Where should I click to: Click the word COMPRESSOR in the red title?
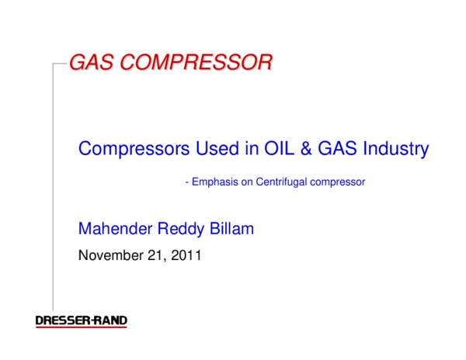tap(200, 63)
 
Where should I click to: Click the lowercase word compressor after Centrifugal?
tap(339, 182)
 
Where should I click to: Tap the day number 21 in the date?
tap(156, 254)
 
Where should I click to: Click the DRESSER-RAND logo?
tap(82, 321)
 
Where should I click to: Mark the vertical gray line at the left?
tap(53, 186)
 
